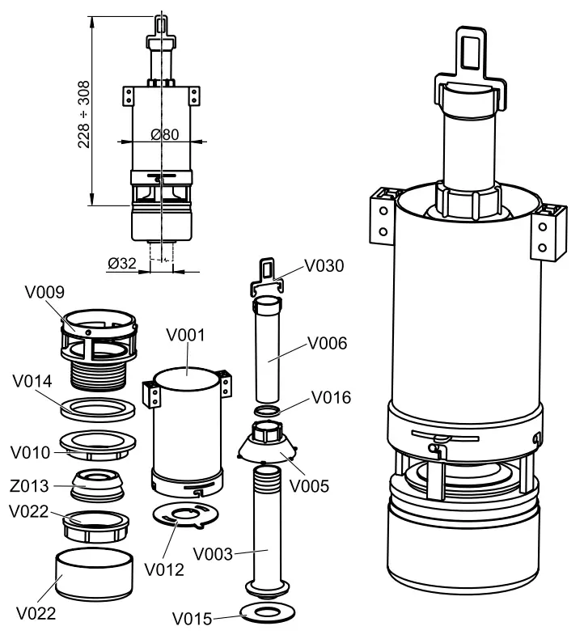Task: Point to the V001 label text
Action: pos(185,334)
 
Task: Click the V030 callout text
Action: pos(324,265)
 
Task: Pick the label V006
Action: pos(328,343)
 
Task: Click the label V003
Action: pos(213,555)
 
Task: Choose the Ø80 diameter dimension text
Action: pos(164,135)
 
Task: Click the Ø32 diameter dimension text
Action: pos(122,263)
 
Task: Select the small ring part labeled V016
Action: pos(266,413)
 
